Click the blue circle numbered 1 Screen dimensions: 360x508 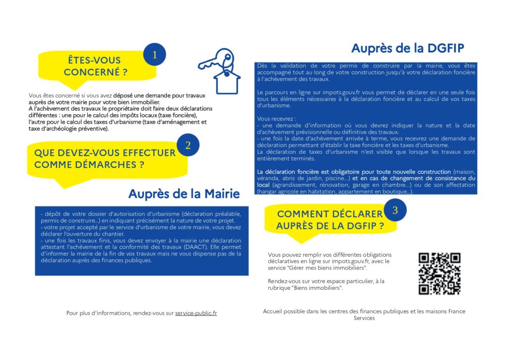click(x=154, y=55)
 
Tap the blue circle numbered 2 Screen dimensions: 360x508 click(x=188, y=145)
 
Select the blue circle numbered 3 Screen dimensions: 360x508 click(x=395, y=210)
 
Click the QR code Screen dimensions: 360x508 click(x=440, y=274)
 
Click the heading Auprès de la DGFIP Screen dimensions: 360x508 click(x=407, y=48)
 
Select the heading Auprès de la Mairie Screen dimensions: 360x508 click(x=184, y=193)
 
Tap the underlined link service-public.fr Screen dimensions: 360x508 click(x=196, y=313)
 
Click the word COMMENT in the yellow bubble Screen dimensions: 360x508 click(x=302, y=214)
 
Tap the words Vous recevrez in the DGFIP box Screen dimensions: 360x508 click(x=275, y=119)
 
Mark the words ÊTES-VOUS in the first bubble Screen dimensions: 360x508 click(x=94, y=61)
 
